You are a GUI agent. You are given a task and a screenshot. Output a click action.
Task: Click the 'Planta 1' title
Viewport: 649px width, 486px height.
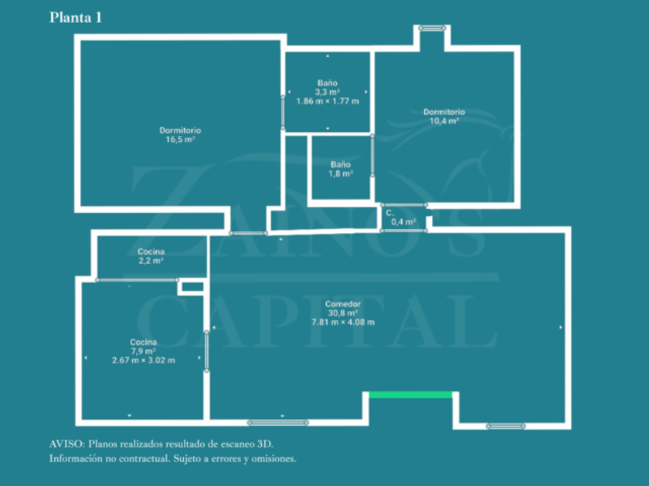pyautogui.click(x=76, y=17)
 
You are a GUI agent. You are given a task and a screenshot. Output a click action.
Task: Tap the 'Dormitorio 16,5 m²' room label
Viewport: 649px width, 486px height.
pyautogui.click(x=180, y=135)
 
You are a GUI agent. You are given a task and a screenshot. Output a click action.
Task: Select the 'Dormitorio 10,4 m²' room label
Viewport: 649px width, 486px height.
pyautogui.click(x=444, y=116)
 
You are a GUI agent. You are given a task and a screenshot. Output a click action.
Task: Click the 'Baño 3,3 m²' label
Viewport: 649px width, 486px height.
pyautogui.click(x=328, y=87)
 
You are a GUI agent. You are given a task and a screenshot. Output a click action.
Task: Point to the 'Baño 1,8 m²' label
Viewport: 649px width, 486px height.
pyautogui.click(x=341, y=169)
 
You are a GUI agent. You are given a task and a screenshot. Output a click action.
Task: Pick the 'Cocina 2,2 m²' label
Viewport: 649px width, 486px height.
pyautogui.click(x=151, y=256)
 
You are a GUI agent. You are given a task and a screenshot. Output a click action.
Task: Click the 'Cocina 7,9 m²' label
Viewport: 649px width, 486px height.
pyautogui.click(x=143, y=346)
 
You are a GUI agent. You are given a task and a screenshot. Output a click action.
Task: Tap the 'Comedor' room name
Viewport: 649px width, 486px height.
pyautogui.click(x=343, y=304)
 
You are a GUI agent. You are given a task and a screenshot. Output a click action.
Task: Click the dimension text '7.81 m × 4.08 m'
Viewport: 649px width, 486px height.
pyautogui.click(x=343, y=322)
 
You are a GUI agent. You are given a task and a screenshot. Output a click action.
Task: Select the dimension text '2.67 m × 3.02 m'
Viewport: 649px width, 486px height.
pyautogui.click(x=143, y=360)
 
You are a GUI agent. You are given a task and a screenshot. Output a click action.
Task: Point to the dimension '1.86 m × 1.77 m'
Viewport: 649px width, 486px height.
pyautogui.click(x=328, y=101)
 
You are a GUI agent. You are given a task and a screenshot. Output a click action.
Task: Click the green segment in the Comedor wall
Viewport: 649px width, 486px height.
pyautogui.click(x=410, y=395)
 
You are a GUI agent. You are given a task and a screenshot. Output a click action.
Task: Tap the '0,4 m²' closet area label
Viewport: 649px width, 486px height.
pyautogui.click(x=403, y=222)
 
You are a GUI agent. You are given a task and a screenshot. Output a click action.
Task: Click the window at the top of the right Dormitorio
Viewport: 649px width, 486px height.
pyautogui.click(x=432, y=28)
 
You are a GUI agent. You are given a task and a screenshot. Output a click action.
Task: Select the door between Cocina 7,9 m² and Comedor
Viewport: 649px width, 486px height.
pyautogui.click(x=206, y=351)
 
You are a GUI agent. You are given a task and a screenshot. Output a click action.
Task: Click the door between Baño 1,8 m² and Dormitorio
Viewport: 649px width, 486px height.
pyautogui.click(x=372, y=155)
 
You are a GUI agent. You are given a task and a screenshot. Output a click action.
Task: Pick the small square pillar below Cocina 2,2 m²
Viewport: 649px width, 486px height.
pyautogui.click(x=192, y=287)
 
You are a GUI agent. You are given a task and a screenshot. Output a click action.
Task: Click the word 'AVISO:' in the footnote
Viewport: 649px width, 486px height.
pyautogui.click(x=67, y=444)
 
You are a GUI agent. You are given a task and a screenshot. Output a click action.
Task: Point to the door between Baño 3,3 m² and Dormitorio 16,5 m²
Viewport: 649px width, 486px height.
pyautogui.click(x=283, y=113)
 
